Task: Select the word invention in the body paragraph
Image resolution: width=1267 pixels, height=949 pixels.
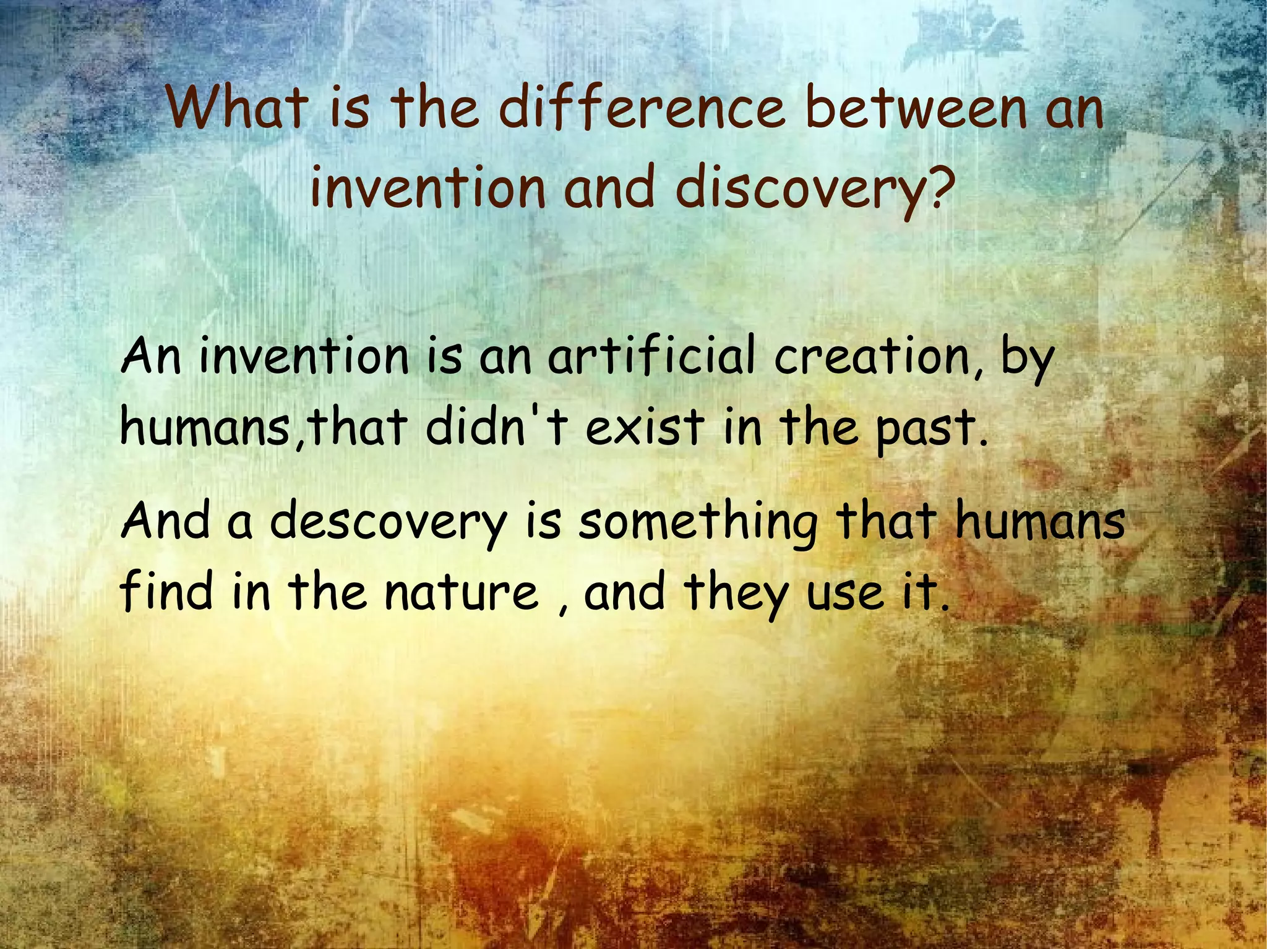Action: point(304,357)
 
